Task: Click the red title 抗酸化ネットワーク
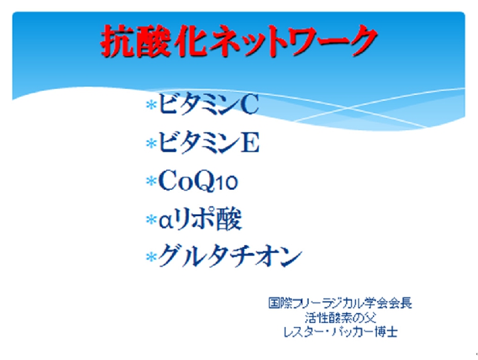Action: (240, 41)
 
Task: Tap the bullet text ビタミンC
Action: (209, 104)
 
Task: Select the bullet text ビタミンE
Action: (209, 142)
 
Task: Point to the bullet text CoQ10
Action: (198, 181)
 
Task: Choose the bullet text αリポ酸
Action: (200, 219)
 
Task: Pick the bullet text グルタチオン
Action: (230, 256)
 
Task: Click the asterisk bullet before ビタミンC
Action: (151, 104)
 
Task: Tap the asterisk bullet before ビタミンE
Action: (151, 143)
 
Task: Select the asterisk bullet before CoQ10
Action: (151, 181)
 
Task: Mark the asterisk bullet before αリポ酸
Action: (151, 219)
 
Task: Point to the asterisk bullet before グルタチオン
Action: (151, 257)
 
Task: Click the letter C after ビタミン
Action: (249, 104)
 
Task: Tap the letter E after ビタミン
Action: (250, 142)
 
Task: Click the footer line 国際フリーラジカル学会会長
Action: (340, 303)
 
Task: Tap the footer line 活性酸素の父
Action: (341, 318)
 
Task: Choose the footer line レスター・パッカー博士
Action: (341, 332)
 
